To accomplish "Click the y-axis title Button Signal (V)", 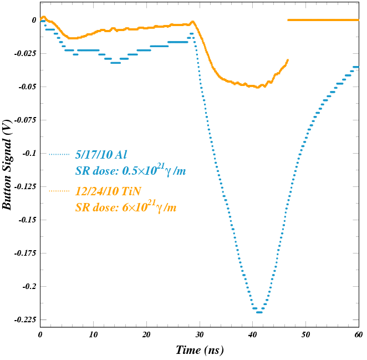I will [7, 165].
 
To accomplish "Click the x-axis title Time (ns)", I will [200, 350].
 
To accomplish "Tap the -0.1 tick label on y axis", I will [29, 153].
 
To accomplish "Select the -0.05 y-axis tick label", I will [27, 87].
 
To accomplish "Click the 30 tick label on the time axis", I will [199, 335].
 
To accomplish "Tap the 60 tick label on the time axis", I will [358, 335].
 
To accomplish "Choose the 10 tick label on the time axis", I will [93, 335].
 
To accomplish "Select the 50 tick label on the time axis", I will [305, 335].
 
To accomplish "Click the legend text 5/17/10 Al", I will [101, 154].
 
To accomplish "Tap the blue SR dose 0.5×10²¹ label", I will [130, 171].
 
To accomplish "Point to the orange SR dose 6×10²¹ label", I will [126, 208].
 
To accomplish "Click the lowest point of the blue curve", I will [258, 312].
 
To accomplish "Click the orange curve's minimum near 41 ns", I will [257, 87].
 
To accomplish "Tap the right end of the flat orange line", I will [358, 20].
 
